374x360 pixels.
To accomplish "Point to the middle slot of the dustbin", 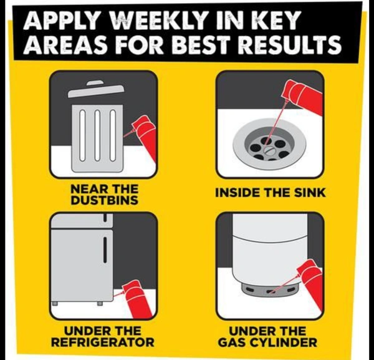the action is pos(97,135).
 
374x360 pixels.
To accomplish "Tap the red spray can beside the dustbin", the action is pos(145,139).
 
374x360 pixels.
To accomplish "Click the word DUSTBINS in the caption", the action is pos(105,200).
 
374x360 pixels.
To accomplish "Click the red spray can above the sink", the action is pos(304,96).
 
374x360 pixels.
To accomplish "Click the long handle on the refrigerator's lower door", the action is pos(105,250).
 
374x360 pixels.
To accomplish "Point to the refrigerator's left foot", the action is pos(55,303).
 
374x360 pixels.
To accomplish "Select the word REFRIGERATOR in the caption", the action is pos(103,343).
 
